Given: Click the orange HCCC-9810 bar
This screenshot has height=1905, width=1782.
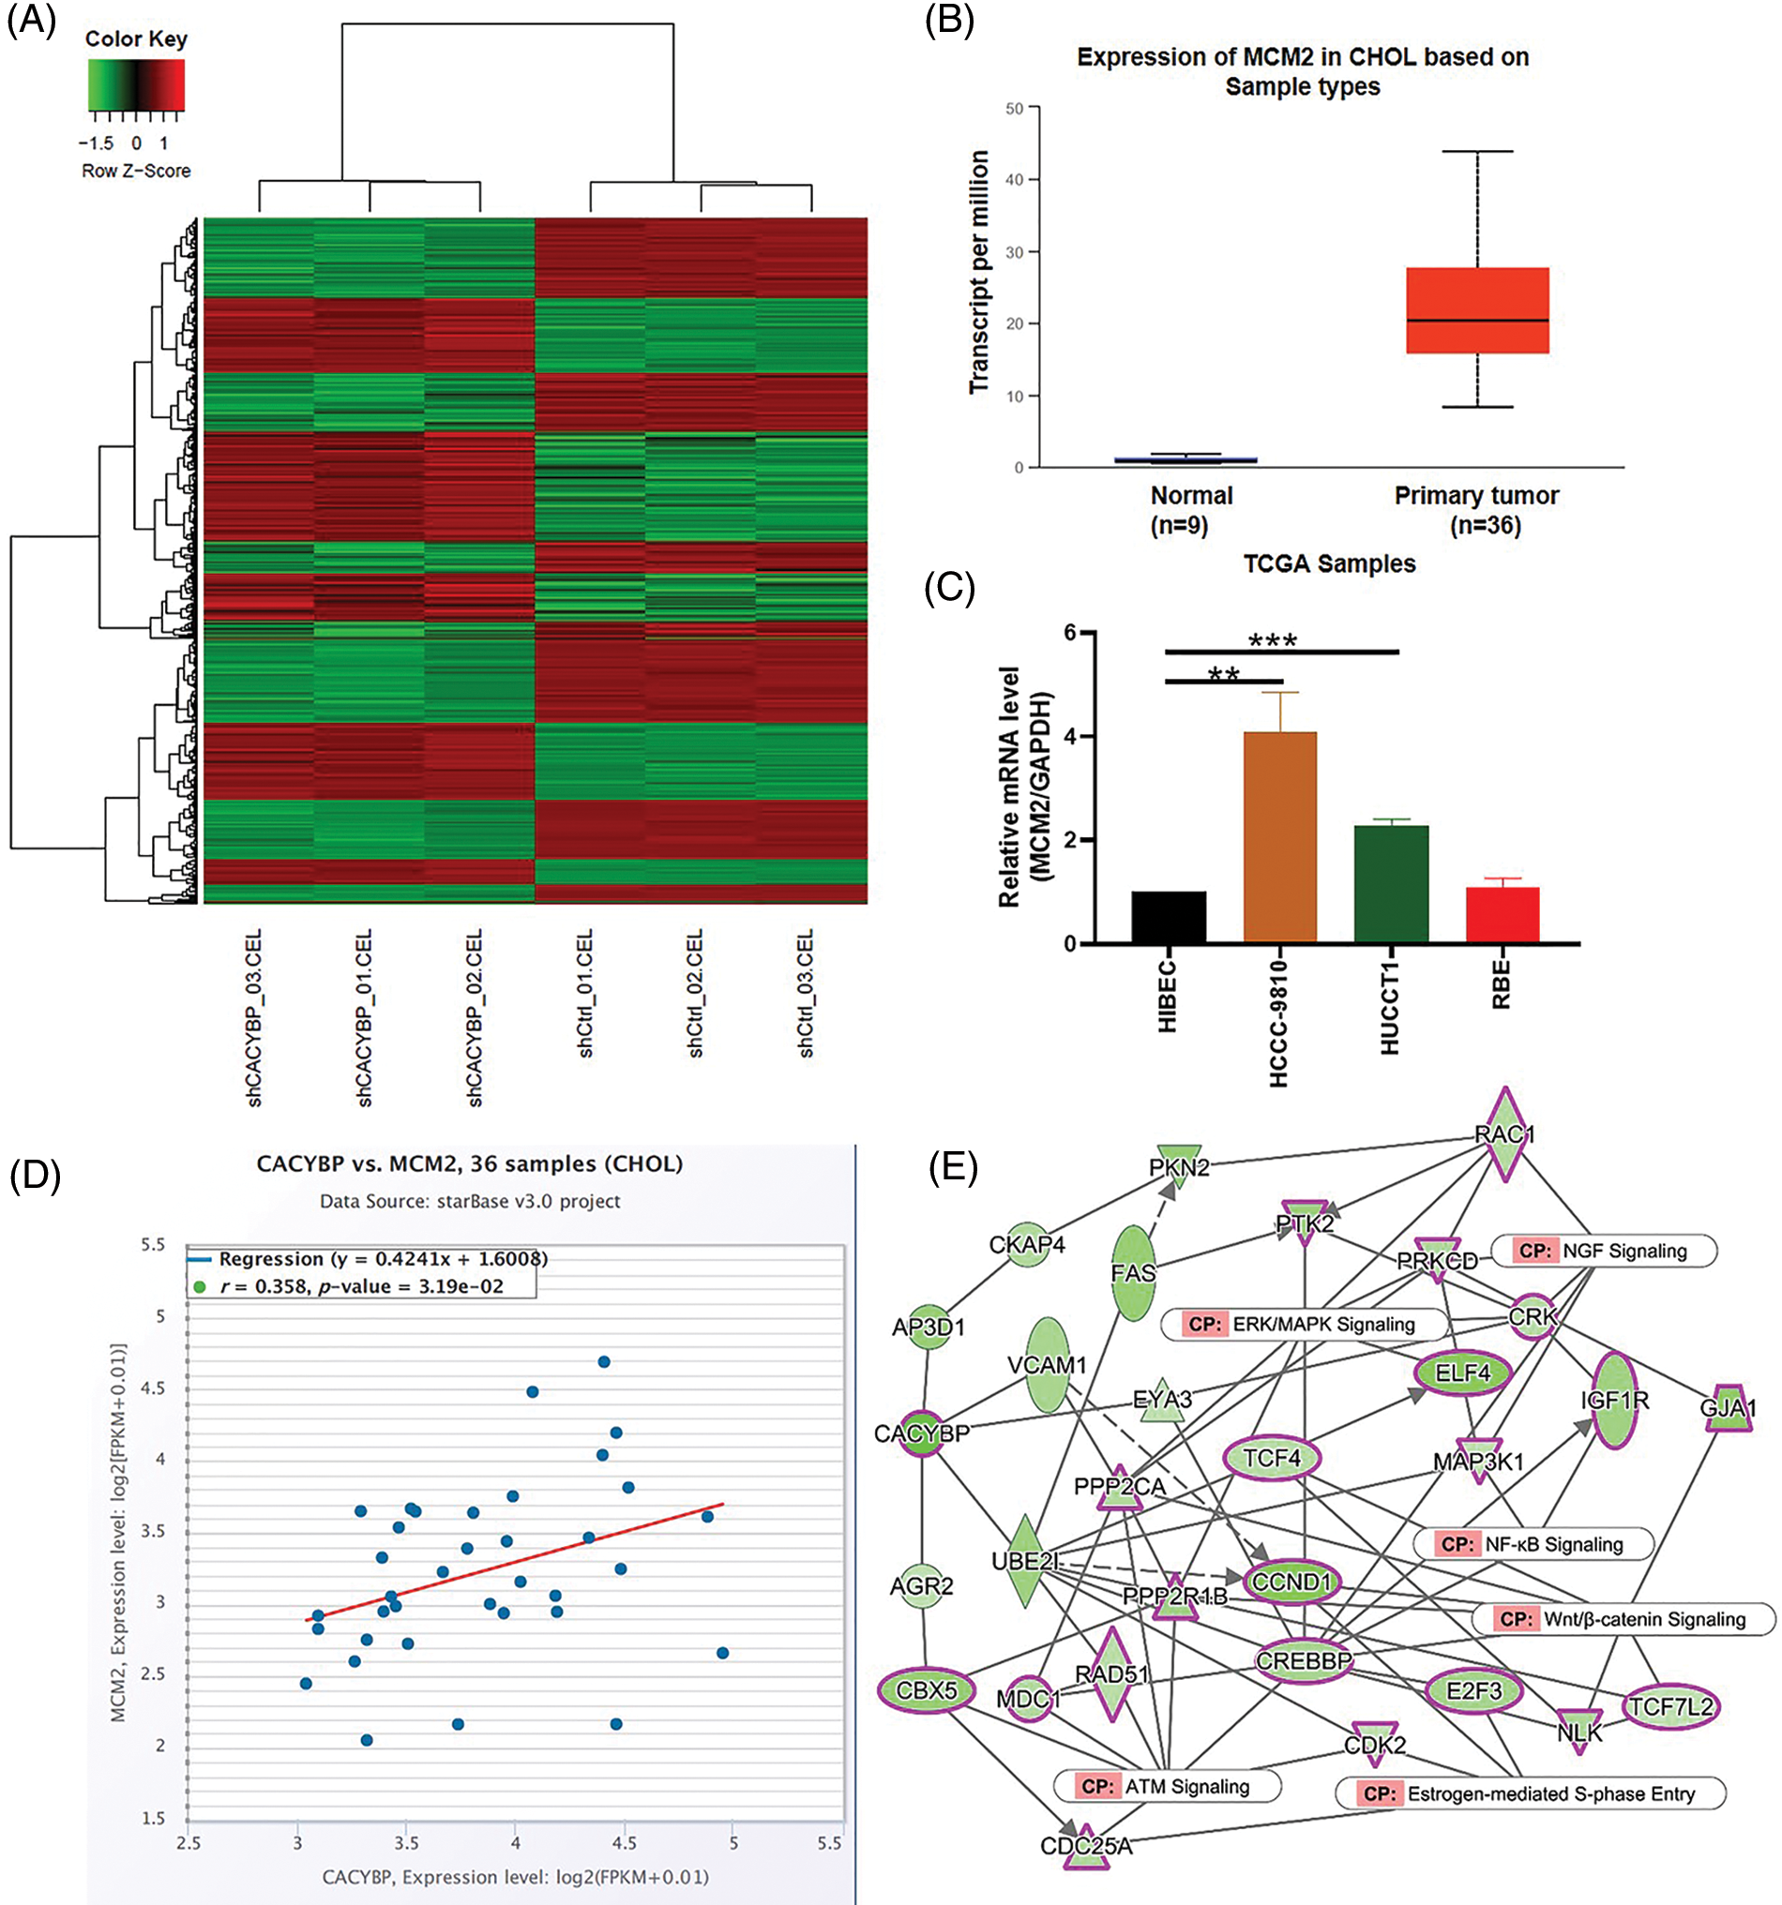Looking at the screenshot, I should tap(1279, 836).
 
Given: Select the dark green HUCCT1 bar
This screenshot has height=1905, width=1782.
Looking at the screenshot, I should tap(1391, 883).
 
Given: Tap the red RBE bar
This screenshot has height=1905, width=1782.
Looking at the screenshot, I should tap(1503, 915).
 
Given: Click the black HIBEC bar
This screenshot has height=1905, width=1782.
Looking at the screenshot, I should tap(1169, 917).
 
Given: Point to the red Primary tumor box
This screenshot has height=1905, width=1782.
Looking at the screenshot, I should tap(1477, 309).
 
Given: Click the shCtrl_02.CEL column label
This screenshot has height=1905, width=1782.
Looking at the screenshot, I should tap(696, 993).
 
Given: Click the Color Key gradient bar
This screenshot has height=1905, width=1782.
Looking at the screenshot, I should tap(136, 84).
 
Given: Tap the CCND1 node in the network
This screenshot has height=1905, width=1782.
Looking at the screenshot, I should tap(1292, 1582).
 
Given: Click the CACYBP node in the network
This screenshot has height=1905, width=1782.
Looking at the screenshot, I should tap(922, 1433).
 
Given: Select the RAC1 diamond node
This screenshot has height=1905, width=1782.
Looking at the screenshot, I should tap(1505, 1134).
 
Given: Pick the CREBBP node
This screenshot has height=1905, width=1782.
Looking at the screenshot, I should tap(1304, 1660).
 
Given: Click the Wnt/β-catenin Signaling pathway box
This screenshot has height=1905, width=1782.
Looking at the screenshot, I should tap(1623, 1619).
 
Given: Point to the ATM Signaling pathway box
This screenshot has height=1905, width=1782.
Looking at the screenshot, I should tap(1167, 1786).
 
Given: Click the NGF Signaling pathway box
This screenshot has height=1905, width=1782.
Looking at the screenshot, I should tap(1604, 1251).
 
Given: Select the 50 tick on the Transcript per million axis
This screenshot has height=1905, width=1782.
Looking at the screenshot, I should tap(1014, 109).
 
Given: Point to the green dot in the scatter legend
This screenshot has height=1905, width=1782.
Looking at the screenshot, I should tap(200, 1287).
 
